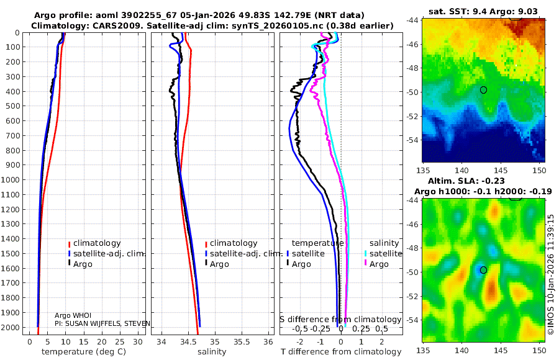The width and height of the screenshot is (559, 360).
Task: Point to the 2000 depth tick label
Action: click(12, 328)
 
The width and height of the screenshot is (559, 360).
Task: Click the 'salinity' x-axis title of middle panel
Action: click(211, 352)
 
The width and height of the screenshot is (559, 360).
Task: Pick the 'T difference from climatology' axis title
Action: click(341, 352)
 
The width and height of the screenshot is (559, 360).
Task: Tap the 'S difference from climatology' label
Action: click(341, 319)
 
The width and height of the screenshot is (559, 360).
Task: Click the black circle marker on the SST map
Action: click(484, 90)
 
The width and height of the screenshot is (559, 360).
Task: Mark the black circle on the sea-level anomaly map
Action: click(484, 270)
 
